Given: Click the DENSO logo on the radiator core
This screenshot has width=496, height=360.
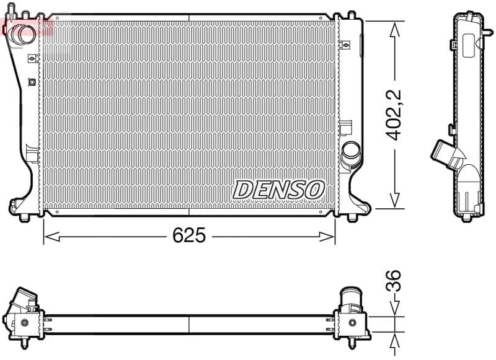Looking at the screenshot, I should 278,190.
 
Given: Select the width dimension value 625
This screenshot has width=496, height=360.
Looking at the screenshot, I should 188,235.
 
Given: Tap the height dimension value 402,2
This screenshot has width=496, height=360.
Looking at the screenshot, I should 394,115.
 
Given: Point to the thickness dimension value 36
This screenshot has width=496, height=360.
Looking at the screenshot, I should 394,281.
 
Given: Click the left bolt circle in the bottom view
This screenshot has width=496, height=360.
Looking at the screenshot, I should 24,322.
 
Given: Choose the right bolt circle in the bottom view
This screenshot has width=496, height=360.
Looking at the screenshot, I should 353,322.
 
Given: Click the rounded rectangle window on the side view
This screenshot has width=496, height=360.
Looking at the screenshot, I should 467,42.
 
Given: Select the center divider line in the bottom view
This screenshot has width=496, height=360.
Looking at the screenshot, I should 188,323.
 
